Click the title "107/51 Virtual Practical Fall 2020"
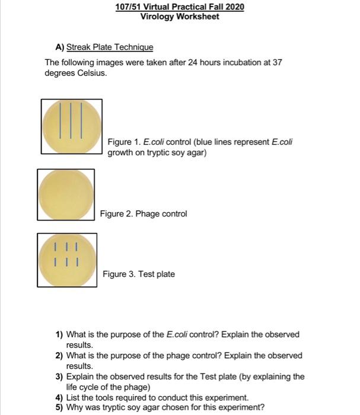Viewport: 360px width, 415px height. (x=180, y=7)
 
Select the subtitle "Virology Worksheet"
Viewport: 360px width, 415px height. (x=180, y=17)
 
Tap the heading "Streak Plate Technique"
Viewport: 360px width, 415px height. (x=110, y=47)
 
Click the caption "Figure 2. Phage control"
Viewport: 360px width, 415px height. (x=143, y=213)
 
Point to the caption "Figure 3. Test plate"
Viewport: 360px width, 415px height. (x=139, y=274)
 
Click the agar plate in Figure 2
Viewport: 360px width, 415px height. (x=66, y=196)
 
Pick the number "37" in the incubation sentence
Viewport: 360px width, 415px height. (x=275, y=63)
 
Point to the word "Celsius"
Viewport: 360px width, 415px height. (x=88, y=73)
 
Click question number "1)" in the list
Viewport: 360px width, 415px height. (x=59, y=334)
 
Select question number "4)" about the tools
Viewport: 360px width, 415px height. (x=59, y=397)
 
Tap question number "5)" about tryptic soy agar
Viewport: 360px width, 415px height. (x=59, y=407)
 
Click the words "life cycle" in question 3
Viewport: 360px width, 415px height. (x=83, y=387)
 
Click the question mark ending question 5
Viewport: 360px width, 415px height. (x=262, y=407)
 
